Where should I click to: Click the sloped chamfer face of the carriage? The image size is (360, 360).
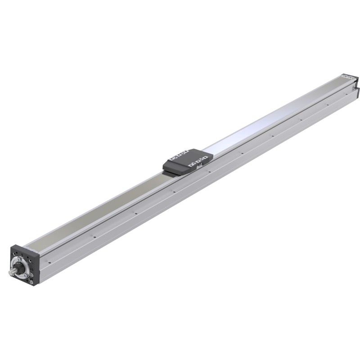pyautogui.click(x=175, y=170)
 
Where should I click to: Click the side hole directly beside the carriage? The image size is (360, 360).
pyautogui.click(x=210, y=172)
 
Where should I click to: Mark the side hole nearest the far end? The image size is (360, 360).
pyautogui.click(x=328, y=106)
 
